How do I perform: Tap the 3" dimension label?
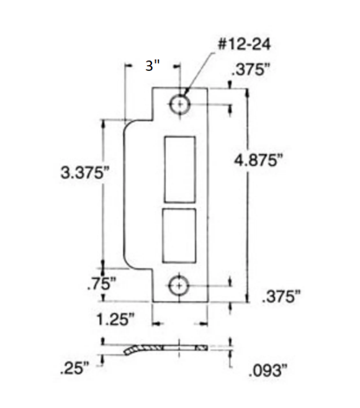(x=153, y=65)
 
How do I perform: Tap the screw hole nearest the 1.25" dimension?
(x=179, y=286)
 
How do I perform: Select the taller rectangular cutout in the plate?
(x=179, y=169)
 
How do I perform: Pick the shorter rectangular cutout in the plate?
(x=179, y=235)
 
